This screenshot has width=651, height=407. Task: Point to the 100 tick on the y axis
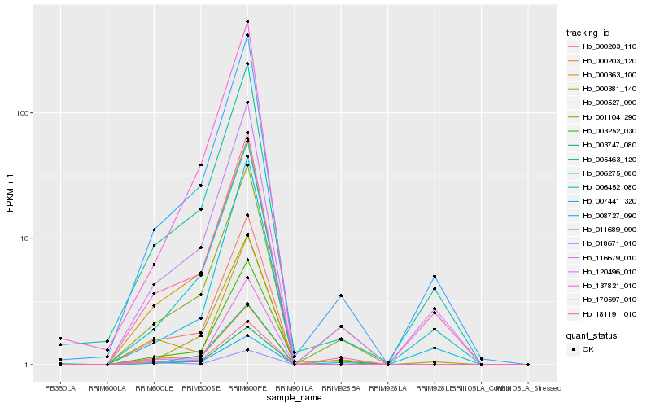point(22,112)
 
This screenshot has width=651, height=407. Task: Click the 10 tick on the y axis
point(24,239)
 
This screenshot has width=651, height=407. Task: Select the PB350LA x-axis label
point(60,388)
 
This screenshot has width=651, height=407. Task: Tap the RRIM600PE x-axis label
point(247,388)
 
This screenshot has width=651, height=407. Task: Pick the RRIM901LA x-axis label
point(294,388)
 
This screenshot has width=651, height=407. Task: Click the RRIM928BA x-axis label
point(341,388)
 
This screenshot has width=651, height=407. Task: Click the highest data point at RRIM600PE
point(247,21)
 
